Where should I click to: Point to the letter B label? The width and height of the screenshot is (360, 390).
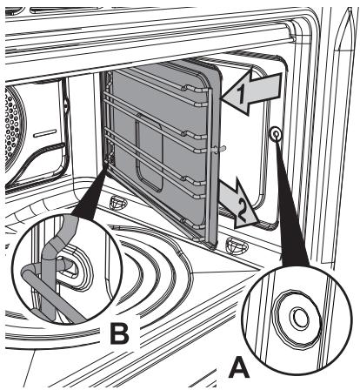coord(120,334)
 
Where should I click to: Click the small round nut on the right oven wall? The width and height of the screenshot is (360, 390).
coord(276,134)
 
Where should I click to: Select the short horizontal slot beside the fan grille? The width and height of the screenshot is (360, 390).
coord(45,133)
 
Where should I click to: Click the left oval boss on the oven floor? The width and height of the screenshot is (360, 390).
coord(119,202)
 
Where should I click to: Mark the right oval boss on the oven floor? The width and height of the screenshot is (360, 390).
coord(237,245)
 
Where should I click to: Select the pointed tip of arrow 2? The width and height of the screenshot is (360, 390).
coord(257,223)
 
